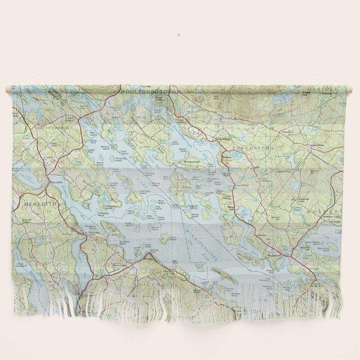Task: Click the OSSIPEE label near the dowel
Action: click(326, 89)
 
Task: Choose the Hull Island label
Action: click(123, 152)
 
